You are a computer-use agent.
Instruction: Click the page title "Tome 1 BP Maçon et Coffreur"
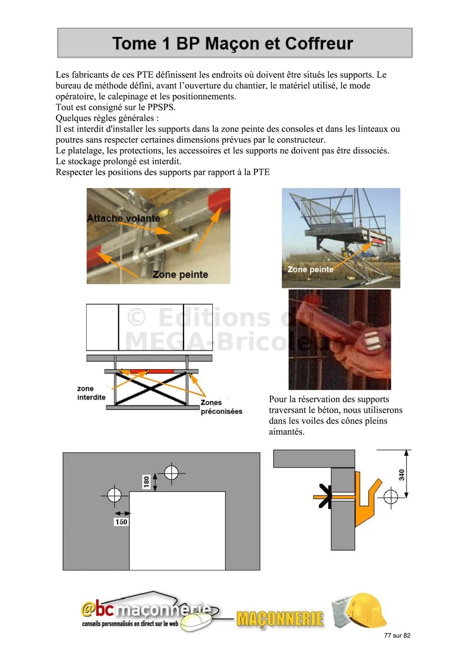(x=233, y=44)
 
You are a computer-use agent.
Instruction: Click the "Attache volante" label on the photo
(x=124, y=219)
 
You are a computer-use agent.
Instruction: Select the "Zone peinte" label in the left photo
(x=180, y=275)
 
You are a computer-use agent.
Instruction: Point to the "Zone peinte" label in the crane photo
(x=310, y=270)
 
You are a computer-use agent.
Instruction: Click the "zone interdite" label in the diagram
(x=91, y=393)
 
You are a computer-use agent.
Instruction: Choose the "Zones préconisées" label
(x=221, y=407)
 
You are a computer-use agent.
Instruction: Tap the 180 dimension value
(x=146, y=482)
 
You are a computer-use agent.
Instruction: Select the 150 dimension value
(x=121, y=522)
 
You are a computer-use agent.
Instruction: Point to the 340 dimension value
(x=402, y=475)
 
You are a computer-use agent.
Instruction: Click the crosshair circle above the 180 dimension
(x=171, y=472)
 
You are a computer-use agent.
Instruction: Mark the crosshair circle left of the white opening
(x=114, y=495)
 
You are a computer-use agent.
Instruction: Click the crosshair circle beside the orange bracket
(x=391, y=496)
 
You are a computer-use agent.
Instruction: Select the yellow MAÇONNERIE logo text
(x=280, y=619)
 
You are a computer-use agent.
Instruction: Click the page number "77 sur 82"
(x=397, y=635)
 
